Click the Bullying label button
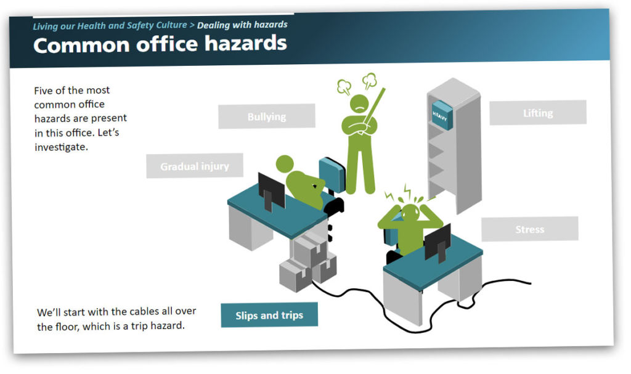266,116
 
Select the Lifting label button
537,112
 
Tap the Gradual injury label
194,166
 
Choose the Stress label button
529,229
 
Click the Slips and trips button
269,315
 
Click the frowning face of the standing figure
360,104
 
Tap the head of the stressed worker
410,213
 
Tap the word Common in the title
82,45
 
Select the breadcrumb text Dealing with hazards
242,25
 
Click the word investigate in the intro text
61,147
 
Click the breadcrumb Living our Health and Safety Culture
110,25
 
